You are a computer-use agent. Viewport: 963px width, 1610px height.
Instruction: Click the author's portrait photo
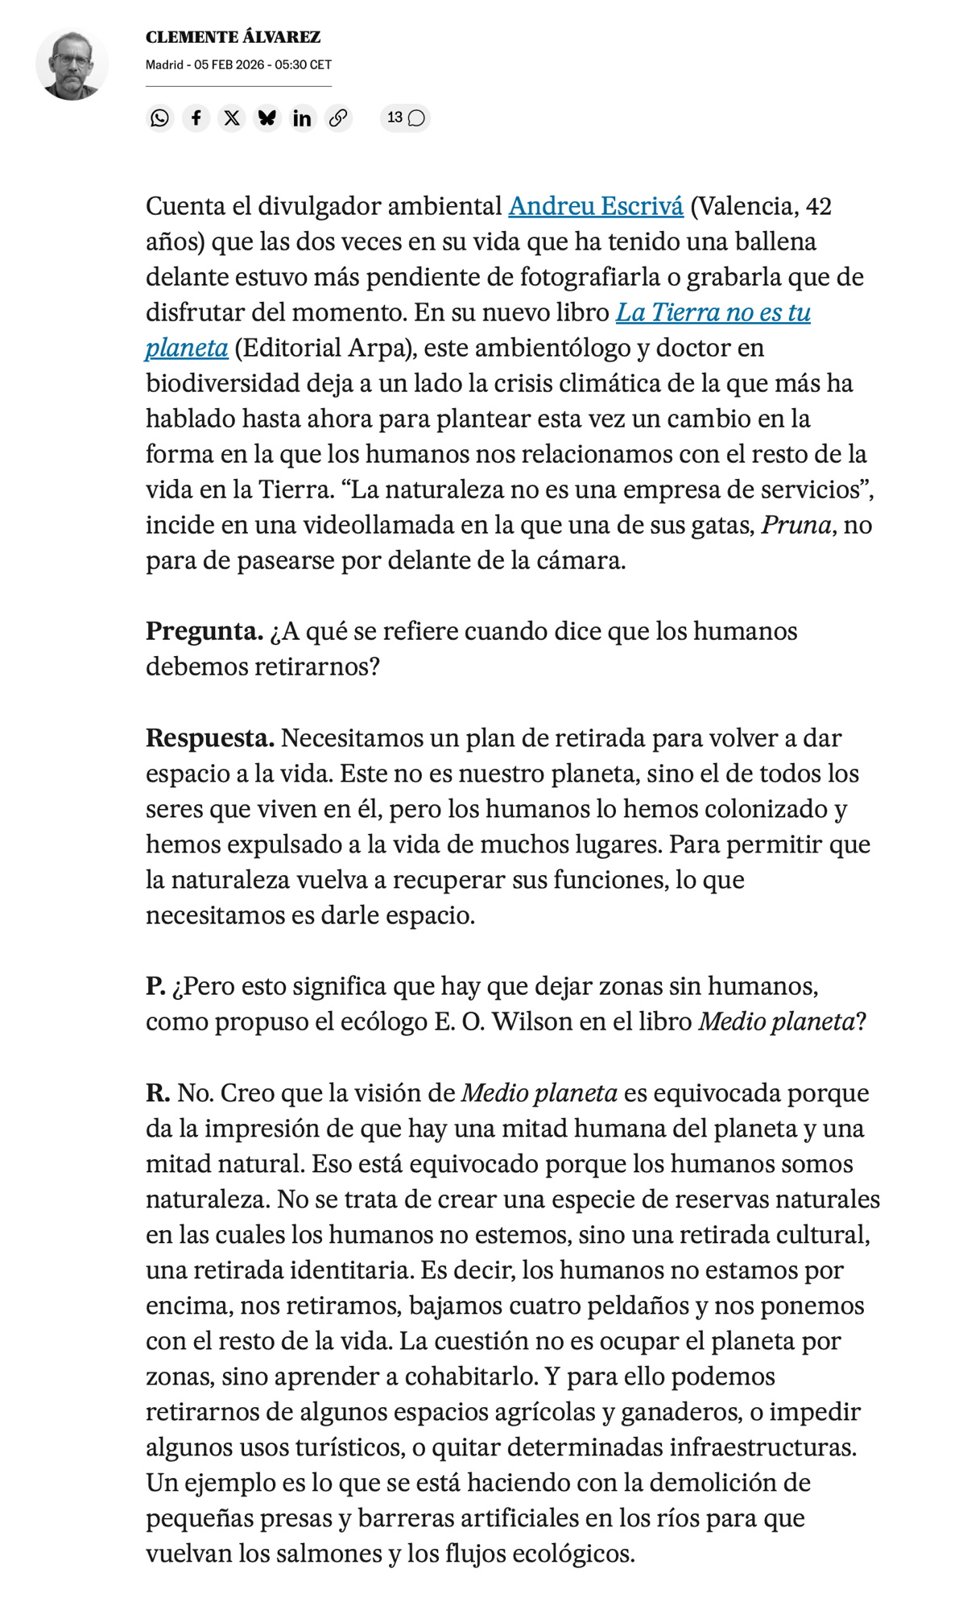[x=72, y=64]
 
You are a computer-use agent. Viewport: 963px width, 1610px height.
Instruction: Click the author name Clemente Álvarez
[x=233, y=37]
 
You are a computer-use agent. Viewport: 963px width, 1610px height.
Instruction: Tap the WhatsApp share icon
[x=160, y=118]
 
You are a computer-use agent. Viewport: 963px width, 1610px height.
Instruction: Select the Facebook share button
[x=196, y=118]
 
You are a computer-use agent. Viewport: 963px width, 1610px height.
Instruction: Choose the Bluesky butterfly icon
[x=267, y=118]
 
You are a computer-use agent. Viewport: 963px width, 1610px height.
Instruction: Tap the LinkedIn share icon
[x=302, y=118]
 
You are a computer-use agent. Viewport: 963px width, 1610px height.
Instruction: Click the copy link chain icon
[x=338, y=118]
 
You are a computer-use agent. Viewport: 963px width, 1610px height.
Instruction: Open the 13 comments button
[x=405, y=118]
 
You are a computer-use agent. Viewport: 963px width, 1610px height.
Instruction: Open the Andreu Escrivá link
[x=595, y=206]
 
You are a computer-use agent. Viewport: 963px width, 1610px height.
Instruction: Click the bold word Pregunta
[x=204, y=631]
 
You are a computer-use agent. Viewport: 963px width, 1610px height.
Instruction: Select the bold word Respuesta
[x=209, y=737]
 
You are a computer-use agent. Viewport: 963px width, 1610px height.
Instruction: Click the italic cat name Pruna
[x=796, y=525]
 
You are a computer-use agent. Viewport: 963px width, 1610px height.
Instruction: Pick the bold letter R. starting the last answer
[x=158, y=1092]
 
